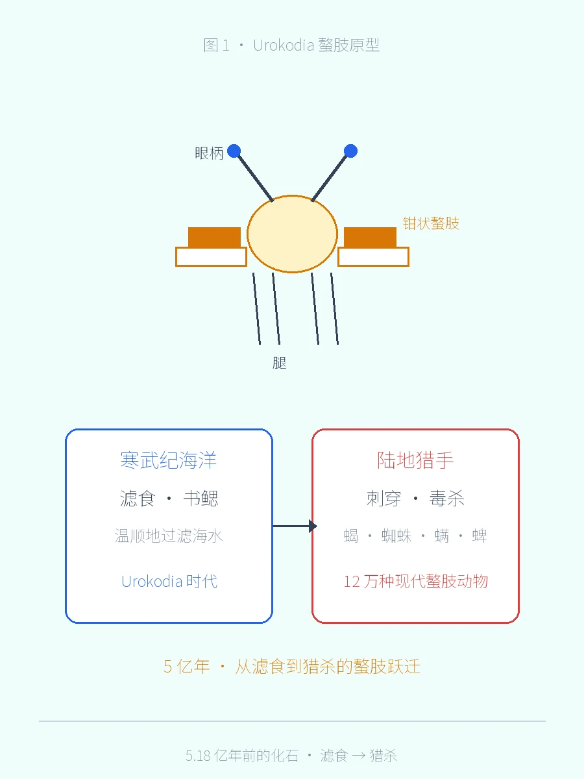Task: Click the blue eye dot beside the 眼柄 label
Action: [234, 151]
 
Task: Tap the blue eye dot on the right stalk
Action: [350, 151]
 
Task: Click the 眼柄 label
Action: [209, 153]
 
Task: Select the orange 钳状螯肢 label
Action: [431, 223]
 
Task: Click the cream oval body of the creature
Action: [292, 234]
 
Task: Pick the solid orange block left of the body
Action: [214, 237]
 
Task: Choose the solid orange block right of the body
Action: [370, 237]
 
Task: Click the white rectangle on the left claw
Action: [212, 256]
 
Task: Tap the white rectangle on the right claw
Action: [373, 256]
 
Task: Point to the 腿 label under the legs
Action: [280, 363]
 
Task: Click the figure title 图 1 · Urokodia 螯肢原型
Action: [291, 45]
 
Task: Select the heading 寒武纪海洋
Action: [169, 460]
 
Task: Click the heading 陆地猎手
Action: [415, 460]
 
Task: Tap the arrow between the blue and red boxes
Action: [295, 526]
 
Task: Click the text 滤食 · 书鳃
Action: [169, 499]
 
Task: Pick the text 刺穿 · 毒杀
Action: [415, 499]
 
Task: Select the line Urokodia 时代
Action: [169, 581]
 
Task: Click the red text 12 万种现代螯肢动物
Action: [415, 581]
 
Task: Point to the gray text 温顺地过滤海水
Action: [169, 536]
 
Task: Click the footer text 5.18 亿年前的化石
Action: [242, 756]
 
